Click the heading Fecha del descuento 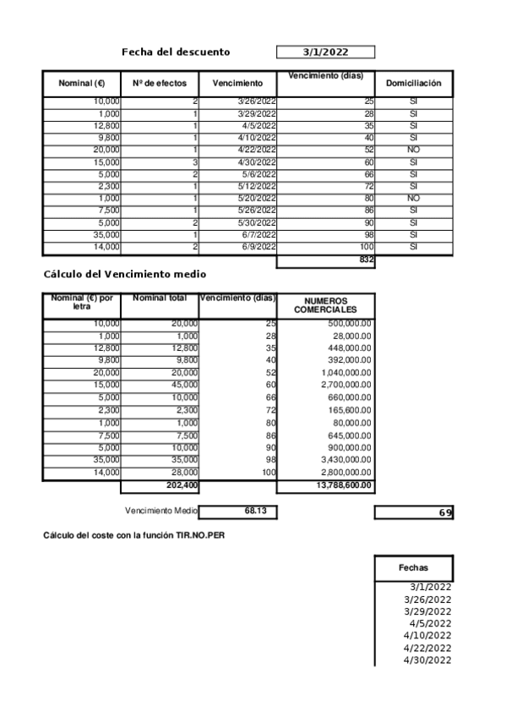coord(176,52)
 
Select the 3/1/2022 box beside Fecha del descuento coord(325,52)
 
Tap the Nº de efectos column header coord(160,84)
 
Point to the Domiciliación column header coord(413,84)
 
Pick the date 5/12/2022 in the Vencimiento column coord(257,186)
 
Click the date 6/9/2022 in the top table coord(258,247)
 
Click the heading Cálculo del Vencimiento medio coord(124,275)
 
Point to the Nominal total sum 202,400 coord(179,485)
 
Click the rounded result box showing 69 coord(413,512)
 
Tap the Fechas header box coord(413,568)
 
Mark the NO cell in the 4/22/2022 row coord(413,149)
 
